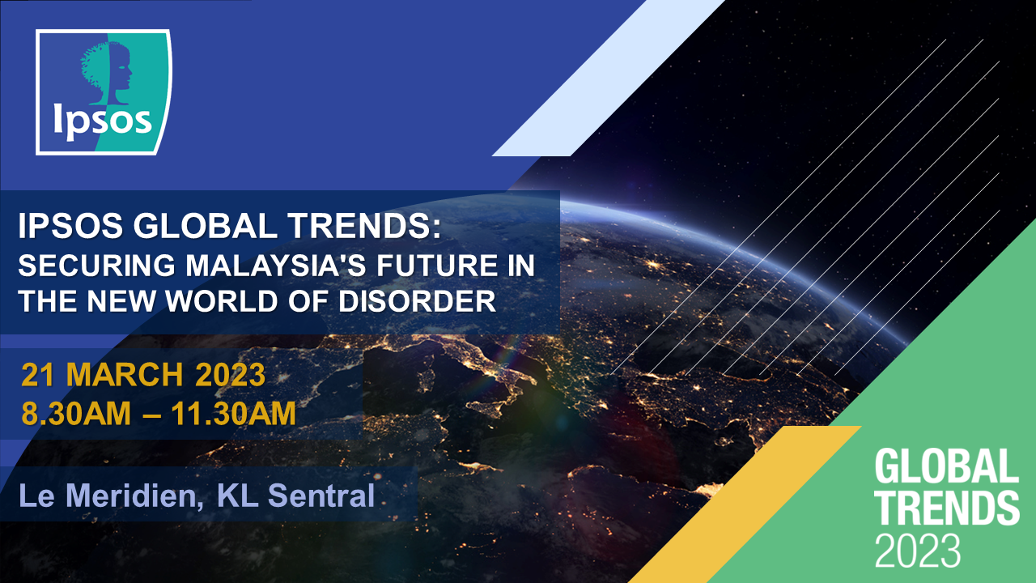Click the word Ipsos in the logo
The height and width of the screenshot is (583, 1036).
tap(102, 121)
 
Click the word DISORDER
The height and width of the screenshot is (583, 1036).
tap(417, 301)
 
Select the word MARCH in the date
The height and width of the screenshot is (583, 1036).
tap(125, 374)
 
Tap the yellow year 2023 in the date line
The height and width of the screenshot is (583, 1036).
tap(231, 374)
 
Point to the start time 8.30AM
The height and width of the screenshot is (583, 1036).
tap(76, 413)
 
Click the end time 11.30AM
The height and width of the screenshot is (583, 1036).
tap(234, 413)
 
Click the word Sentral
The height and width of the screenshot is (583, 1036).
tap(321, 496)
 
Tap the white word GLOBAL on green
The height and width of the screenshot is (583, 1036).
tap(947, 466)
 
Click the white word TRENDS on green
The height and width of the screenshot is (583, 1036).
tap(947, 508)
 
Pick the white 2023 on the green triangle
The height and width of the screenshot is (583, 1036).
tap(917, 550)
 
